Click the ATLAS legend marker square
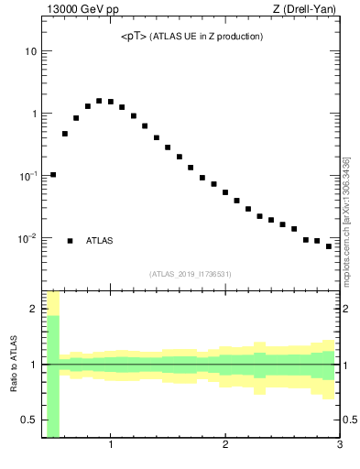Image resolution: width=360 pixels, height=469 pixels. pos(70,241)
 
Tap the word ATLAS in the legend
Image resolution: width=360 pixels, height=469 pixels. pos(100,241)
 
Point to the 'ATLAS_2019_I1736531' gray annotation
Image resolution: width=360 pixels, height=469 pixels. pos(191,274)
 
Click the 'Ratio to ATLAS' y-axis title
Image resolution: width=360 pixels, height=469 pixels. pos(14,364)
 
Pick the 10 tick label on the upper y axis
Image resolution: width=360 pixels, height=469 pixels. pos(30,51)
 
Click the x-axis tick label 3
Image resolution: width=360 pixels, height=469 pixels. pos(339,446)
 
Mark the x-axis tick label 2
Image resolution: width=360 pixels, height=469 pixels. pos(225,446)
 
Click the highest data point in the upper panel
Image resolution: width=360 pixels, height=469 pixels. pos(99,101)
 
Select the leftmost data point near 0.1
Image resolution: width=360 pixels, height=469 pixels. pos(53,174)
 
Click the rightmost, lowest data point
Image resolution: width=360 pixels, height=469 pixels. pos(329,246)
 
